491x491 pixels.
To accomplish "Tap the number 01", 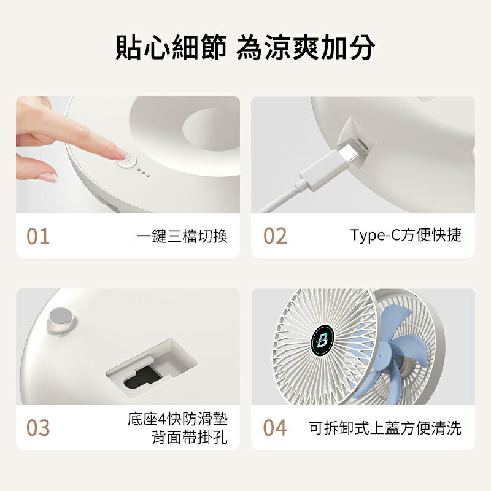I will pyautogui.click(x=38, y=236).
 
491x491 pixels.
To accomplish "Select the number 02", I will pyautogui.click(x=275, y=236).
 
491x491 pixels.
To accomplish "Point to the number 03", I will pyautogui.click(x=38, y=428).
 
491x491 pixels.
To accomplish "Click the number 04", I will pyautogui.click(x=275, y=428).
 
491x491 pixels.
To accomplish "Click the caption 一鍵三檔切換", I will pyautogui.click(x=182, y=236).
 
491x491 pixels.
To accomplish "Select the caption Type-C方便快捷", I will pyautogui.click(x=406, y=236).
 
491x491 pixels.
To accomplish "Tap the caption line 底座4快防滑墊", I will pyautogui.click(x=177, y=420).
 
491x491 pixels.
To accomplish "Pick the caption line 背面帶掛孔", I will pyautogui.click(x=189, y=438).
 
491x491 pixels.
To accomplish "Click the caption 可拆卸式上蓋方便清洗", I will pyautogui.click(x=385, y=428).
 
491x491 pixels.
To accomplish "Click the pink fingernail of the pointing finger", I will pyautogui.click(x=121, y=152).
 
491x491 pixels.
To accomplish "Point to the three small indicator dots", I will pyautogui.click(x=143, y=171).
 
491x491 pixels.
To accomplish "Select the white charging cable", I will pyautogui.click(x=288, y=193).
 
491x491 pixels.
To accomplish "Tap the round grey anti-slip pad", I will pyautogui.click(x=61, y=317).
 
